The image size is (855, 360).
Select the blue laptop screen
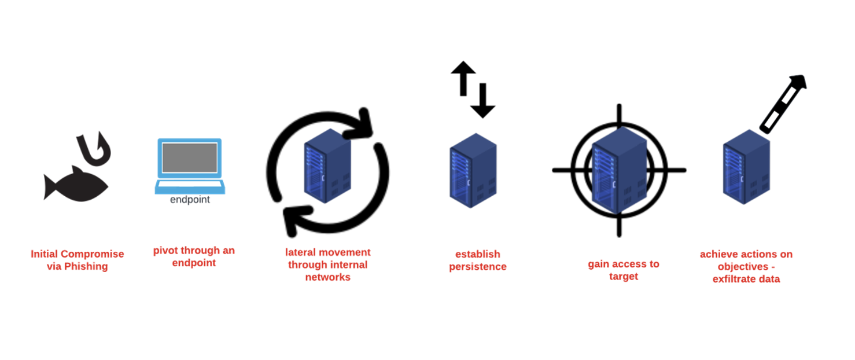(190, 158)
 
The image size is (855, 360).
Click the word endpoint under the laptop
(190, 200)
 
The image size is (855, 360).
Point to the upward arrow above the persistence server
(463, 78)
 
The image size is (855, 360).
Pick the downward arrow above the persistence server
(482, 101)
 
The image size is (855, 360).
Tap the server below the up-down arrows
(473, 170)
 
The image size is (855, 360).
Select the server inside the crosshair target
(619, 170)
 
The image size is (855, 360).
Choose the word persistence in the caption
(478, 266)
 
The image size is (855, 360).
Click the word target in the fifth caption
(623, 276)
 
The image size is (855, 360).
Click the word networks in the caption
(327, 277)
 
